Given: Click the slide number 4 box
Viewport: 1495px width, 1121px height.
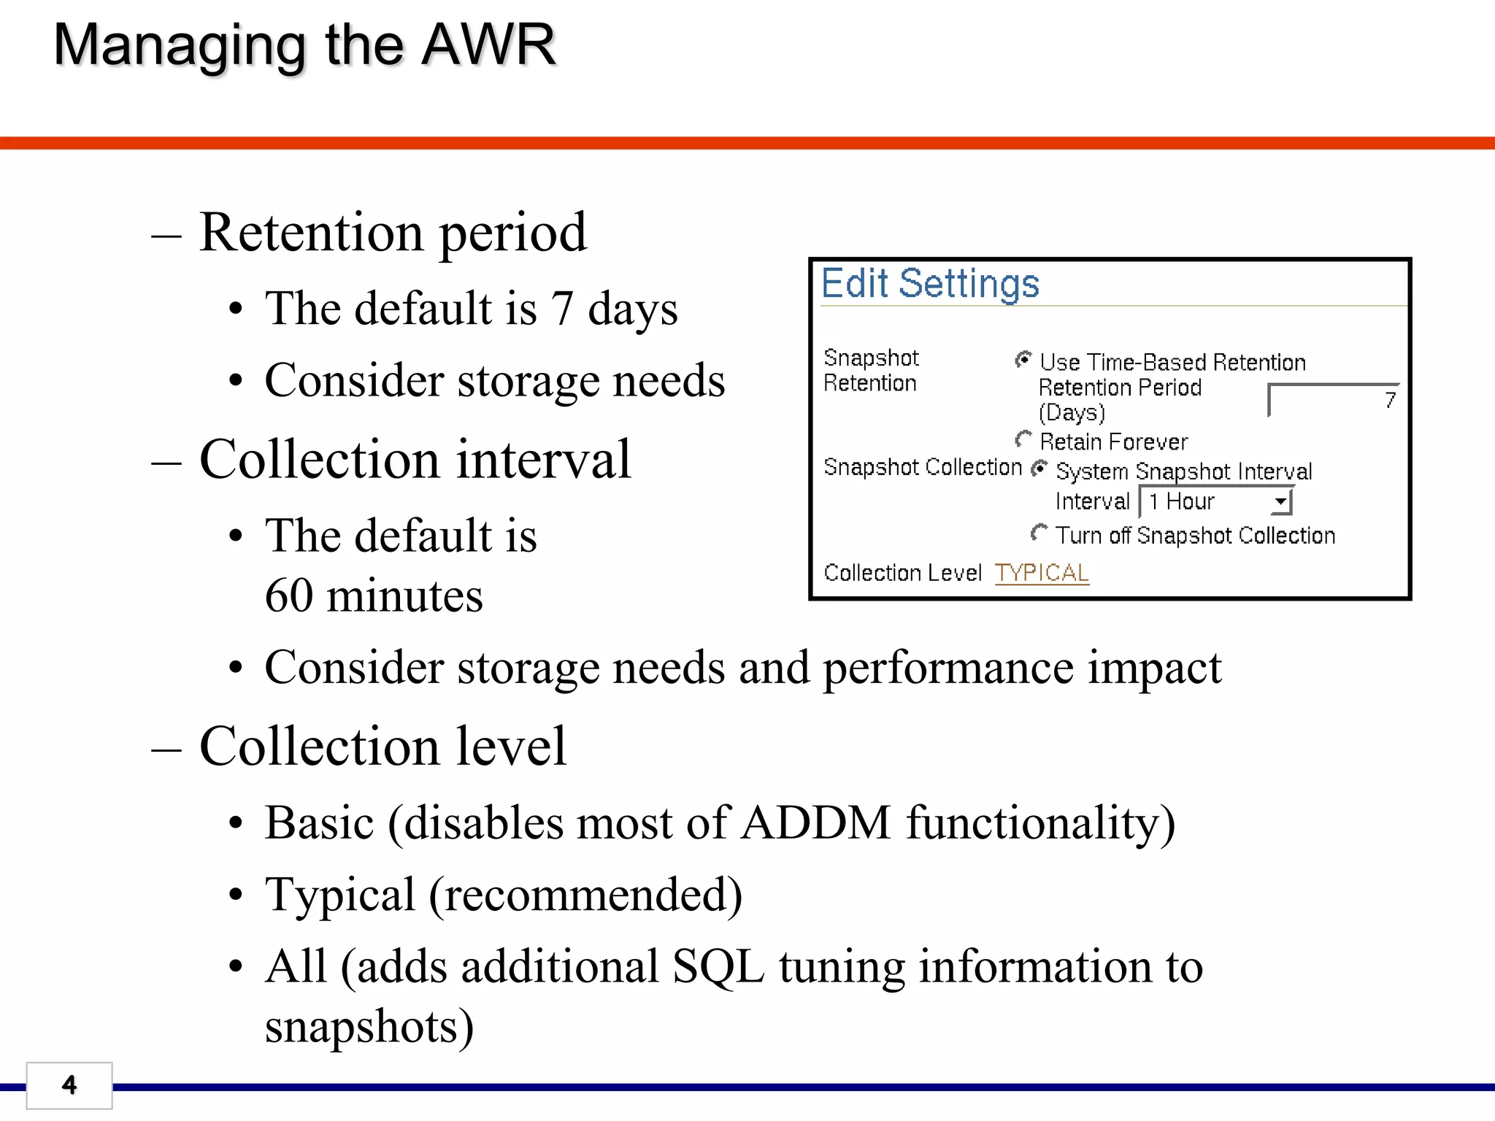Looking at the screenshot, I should (69, 1085).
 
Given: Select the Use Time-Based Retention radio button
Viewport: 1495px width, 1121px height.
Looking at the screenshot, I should (1023, 360).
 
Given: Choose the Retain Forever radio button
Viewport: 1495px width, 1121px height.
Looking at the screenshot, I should (1023, 439).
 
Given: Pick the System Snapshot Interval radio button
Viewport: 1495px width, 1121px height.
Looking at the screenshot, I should (1039, 469).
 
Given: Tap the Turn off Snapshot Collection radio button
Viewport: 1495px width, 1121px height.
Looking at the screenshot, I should (1039, 533).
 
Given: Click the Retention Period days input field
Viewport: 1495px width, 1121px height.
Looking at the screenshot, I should (1333, 400).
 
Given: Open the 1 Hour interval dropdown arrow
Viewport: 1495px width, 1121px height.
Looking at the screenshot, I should (1280, 501).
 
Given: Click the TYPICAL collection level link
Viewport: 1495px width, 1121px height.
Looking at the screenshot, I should (1042, 573).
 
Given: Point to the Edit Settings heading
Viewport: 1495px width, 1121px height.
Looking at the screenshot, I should (930, 283).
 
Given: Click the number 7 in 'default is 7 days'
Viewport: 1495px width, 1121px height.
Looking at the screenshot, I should (561, 308).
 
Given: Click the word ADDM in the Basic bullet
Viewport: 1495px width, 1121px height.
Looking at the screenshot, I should (816, 823).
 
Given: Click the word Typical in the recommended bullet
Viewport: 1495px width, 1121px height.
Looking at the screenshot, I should (340, 895).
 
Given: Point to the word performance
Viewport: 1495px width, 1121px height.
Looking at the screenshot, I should (948, 667).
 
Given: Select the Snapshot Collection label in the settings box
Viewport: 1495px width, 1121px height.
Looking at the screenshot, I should (923, 467).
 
